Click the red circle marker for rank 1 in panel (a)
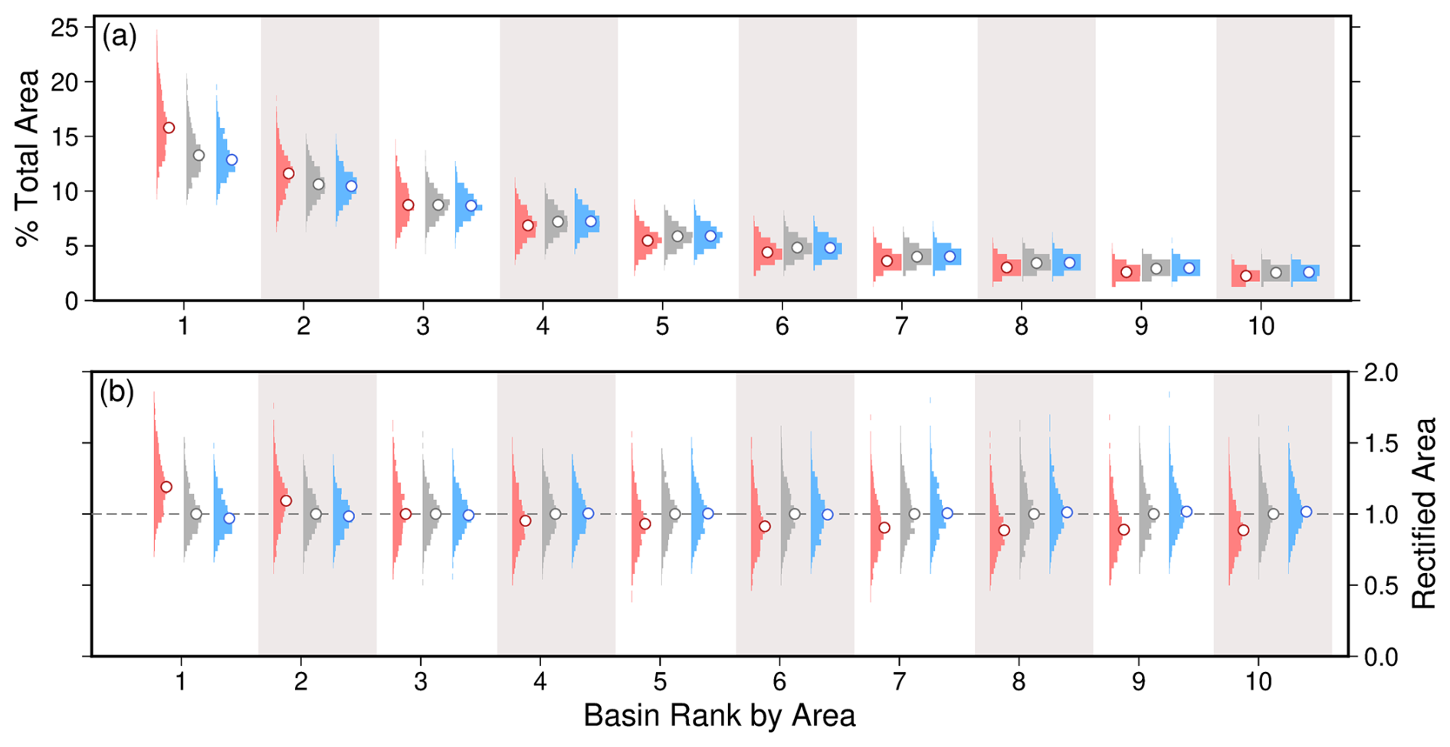pos(169,128)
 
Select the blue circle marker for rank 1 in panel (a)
pos(231,160)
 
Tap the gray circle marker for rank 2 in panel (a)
pos(319,185)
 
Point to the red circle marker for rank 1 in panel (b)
pos(166,487)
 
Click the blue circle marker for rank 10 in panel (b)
pos(1306,512)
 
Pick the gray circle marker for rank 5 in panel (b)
pos(675,514)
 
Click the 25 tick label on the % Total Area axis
pos(64,28)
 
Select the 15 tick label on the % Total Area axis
pos(64,137)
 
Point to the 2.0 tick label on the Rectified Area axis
pos(1381,373)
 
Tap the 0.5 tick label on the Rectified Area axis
pos(1381,586)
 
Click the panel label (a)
pos(120,37)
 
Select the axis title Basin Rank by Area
pos(719,716)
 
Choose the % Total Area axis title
pos(28,159)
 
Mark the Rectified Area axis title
pos(1424,513)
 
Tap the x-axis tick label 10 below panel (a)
pos(1261,326)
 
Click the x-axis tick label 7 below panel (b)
pos(899,681)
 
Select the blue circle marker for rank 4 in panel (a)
pos(591,221)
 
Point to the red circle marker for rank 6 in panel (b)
pos(765,526)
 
